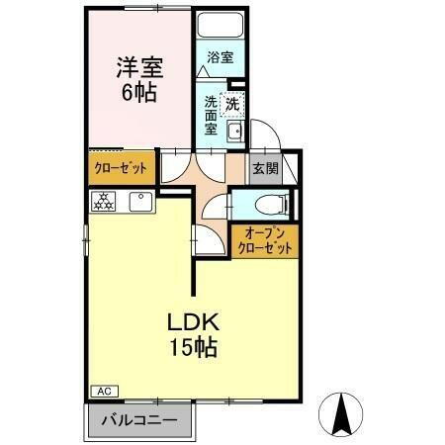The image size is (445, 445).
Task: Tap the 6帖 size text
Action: click(x=138, y=93)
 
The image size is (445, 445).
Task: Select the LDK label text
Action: click(x=191, y=323)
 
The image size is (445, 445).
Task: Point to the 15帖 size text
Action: click(x=191, y=348)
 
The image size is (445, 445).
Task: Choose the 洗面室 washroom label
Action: click(x=212, y=114)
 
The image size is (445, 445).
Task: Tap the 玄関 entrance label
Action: click(x=264, y=168)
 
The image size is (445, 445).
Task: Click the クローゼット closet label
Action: click(x=121, y=168)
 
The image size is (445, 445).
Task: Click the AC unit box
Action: click(x=103, y=391)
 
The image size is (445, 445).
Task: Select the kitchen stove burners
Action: click(x=103, y=201)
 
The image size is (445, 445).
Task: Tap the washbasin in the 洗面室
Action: click(x=235, y=133)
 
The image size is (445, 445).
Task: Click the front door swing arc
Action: click(x=263, y=133)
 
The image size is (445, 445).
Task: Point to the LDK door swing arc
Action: click(x=205, y=239)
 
